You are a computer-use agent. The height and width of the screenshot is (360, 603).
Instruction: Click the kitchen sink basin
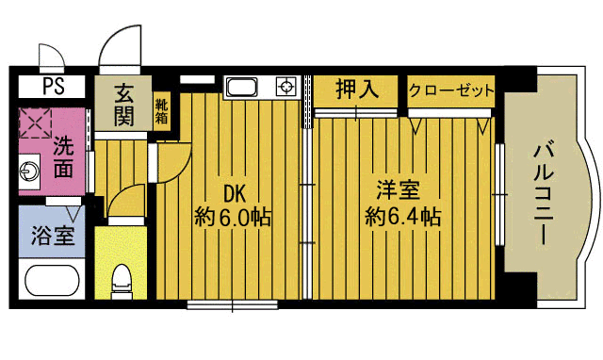(x=241, y=88)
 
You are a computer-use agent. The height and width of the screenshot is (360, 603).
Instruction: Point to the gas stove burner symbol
(x=285, y=88)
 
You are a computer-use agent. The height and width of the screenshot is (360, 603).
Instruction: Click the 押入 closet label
(x=357, y=90)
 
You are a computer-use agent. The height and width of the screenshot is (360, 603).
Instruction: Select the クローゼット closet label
(x=451, y=90)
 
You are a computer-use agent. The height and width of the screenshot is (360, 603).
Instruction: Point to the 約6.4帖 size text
(x=401, y=217)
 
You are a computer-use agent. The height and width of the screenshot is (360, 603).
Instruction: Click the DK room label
(x=234, y=193)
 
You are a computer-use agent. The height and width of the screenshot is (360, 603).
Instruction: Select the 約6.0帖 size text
(x=234, y=218)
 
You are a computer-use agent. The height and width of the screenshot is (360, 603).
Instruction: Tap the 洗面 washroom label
(x=63, y=157)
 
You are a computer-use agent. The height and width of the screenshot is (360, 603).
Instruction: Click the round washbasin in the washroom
(x=31, y=172)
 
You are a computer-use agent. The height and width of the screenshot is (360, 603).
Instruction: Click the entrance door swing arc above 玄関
(x=120, y=47)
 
